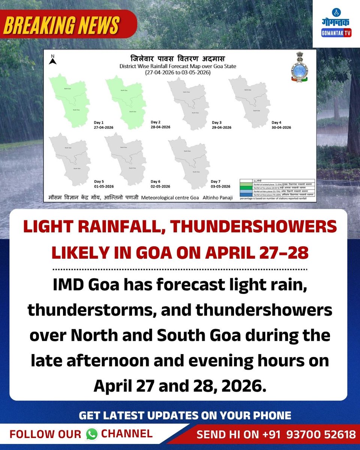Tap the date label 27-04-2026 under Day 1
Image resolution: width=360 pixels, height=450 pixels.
coord(104,127)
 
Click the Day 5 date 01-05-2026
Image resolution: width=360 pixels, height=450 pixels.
coord(104,186)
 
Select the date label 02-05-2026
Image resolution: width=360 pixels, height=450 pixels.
coord(160,186)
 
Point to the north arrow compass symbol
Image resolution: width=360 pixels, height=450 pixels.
coord(53,60)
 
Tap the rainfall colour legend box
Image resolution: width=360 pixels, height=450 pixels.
coord(278,188)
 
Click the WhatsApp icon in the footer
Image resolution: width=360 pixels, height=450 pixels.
coord(91,434)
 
